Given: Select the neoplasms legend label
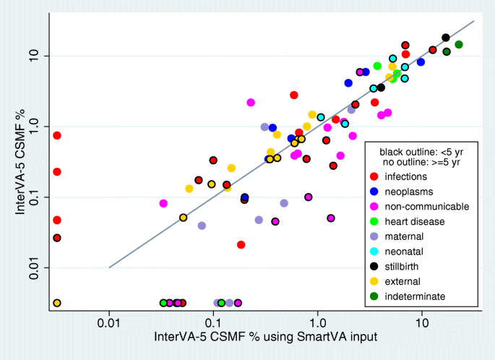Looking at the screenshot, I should [407, 192].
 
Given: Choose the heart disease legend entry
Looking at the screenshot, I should [413, 221].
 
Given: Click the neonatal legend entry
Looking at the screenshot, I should [404, 252].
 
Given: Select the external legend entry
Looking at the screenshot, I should [403, 281].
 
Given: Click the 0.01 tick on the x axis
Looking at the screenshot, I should [109, 322].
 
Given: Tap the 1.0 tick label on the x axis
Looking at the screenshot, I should [317, 322].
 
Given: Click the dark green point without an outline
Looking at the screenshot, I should [458, 45].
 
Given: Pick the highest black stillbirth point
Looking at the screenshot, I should [446, 38].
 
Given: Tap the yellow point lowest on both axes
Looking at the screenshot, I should [56, 303].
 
